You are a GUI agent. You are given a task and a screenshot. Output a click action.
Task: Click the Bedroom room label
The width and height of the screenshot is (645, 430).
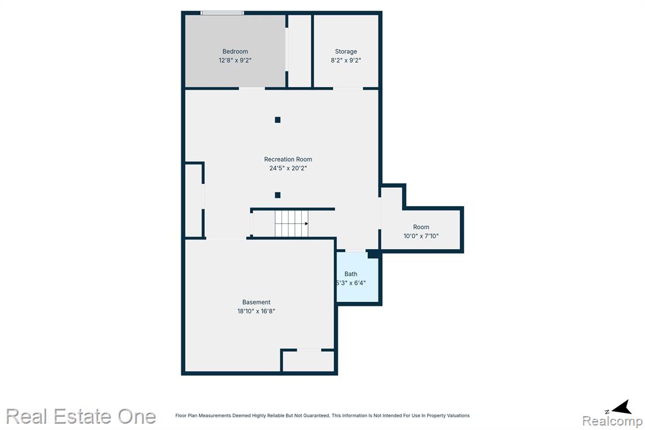(235, 52)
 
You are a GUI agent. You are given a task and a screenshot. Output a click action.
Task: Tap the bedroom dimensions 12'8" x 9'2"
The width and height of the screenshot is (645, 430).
(235, 61)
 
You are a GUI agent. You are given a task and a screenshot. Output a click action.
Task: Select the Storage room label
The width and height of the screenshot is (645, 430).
(346, 52)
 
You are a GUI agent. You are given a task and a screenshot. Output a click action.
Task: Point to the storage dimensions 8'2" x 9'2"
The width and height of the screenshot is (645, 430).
(346, 61)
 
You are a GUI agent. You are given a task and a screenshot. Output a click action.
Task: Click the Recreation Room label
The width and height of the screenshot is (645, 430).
(288, 160)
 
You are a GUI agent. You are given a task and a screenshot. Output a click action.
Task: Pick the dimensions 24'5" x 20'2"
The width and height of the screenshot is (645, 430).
(288, 168)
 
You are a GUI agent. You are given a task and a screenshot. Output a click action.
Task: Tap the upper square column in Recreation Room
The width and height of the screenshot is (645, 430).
(277, 120)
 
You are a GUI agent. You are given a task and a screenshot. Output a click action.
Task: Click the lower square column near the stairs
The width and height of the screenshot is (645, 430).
(277, 195)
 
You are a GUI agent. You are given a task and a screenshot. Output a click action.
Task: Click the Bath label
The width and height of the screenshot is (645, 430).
(351, 274)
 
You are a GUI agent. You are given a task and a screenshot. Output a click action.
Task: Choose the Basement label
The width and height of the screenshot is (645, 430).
(256, 303)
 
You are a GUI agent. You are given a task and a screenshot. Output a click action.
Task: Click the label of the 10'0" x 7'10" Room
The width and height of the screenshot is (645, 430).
(421, 227)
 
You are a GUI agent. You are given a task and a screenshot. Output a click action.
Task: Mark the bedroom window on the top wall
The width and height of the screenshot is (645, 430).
(222, 13)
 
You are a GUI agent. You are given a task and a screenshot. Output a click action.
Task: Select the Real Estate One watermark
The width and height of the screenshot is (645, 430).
(81, 416)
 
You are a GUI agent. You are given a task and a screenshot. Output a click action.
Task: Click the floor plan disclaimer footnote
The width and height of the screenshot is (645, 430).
(322, 415)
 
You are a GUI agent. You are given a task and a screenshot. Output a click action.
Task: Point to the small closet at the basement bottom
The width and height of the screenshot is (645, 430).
(308, 361)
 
